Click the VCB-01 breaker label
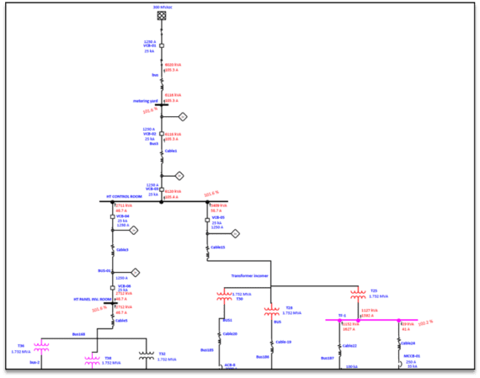(x=150, y=46)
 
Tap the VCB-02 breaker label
(x=150, y=135)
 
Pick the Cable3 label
(x=122, y=249)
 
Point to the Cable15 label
(x=217, y=247)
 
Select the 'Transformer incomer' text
(x=250, y=275)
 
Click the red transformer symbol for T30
(x=224, y=296)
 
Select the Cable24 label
(x=408, y=343)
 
